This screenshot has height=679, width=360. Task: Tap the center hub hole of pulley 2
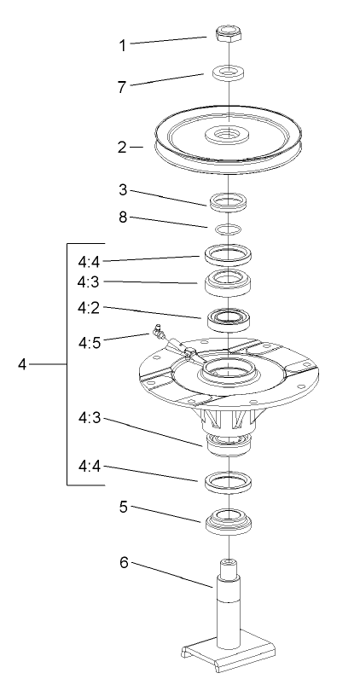pos(229,134)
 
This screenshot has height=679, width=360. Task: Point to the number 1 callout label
pos(123,44)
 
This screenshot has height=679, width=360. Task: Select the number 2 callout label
pos(123,147)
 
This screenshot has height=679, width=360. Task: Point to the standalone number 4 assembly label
pos(24,365)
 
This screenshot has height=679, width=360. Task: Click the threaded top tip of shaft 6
pos(228,566)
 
